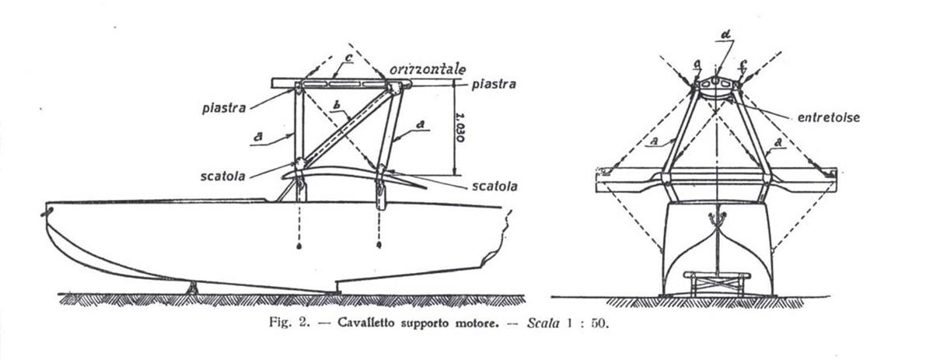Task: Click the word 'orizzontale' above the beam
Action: (428, 69)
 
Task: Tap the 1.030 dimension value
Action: (460, 127)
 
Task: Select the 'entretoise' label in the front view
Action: (829, 117)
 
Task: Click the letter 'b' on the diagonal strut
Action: (337, 105)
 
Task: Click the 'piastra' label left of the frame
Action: (224, 109)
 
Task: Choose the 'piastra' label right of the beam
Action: (494, 85)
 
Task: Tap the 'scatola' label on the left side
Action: (223, 177)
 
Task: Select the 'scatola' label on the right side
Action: (494, 187)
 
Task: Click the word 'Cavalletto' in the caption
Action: (365, 323)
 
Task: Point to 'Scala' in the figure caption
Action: (543, 323)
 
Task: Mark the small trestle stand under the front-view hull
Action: (717, 284)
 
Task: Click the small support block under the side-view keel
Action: (192, 288)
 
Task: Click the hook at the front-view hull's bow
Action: (717, 218)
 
